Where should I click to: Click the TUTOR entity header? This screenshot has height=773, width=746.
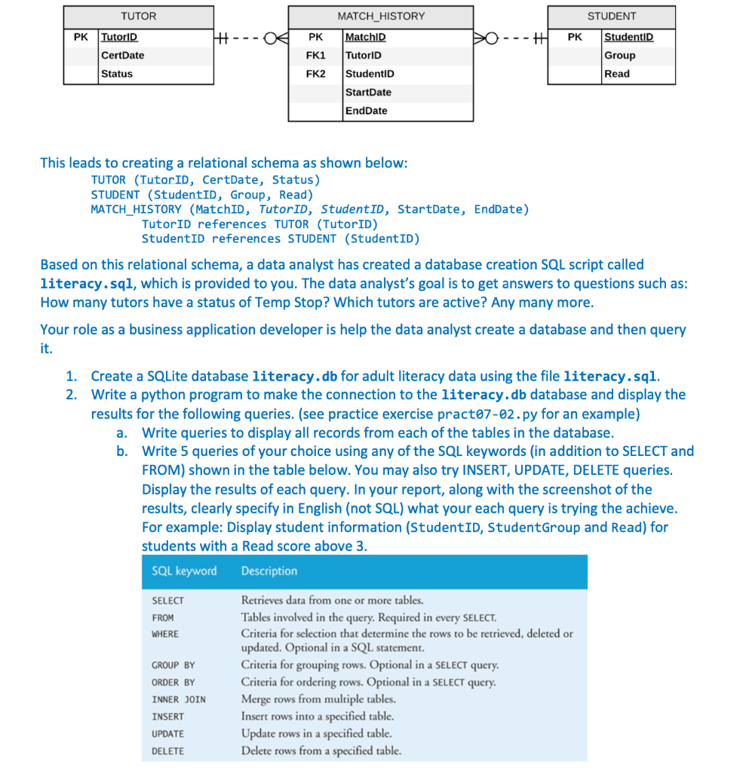click(x=139, y=16)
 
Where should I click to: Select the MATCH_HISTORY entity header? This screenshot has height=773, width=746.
click(x=381, y=16)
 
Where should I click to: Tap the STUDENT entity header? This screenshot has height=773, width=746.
click(x=611, y=16)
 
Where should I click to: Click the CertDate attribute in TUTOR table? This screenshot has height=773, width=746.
click(x=122, y=55)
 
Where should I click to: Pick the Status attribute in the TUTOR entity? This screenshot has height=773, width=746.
click(x=117, y=74)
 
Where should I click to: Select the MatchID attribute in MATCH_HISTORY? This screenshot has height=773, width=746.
click(x=365, y=37)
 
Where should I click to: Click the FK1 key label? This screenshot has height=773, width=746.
click(x=315, y=55)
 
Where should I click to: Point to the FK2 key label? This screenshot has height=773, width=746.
click(x=315, y=74)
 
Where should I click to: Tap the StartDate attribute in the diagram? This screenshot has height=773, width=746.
click(x=368, y=92)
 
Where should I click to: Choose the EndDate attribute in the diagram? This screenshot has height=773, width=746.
click(x=366, y=111)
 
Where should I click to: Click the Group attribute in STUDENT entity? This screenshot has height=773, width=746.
click(x=620, y=55)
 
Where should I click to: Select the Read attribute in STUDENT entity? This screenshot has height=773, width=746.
click(x=617, y=74)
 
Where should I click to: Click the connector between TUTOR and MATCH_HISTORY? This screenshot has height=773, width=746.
click(x=251, y=37)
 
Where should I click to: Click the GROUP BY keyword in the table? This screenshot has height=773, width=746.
click(x=173, y=665)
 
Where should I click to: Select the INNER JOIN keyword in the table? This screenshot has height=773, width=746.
click(x=178, y=699)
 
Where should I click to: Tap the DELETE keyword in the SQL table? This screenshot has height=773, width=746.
click(x=167, y=751)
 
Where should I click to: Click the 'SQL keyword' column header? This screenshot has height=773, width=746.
click(x=184, y=571)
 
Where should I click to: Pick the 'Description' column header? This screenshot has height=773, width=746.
click(x=269, y=571)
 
